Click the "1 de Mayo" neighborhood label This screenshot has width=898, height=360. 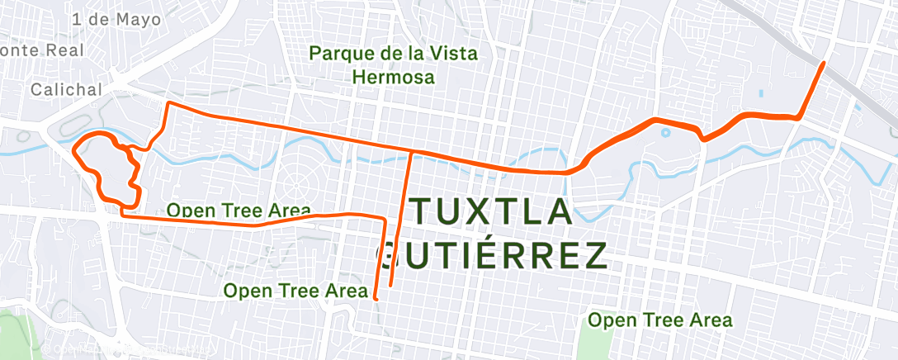tap(116, 19)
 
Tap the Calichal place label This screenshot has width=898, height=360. tap(67, 89)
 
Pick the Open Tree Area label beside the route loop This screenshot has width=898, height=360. tap(239, 211)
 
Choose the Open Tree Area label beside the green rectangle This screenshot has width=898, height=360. tap(659, 320)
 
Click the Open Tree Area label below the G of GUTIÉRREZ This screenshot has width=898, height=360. tap(295, 291)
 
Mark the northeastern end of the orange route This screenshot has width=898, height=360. tap(823, 63)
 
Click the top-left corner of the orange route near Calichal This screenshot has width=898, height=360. tap(169, 104)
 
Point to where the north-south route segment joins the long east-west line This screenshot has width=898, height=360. tap(411, 153)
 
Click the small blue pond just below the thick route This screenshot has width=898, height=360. tap(665, 130)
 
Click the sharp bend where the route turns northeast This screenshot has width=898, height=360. tap(798, 117)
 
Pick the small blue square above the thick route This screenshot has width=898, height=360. tap(760, 92)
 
